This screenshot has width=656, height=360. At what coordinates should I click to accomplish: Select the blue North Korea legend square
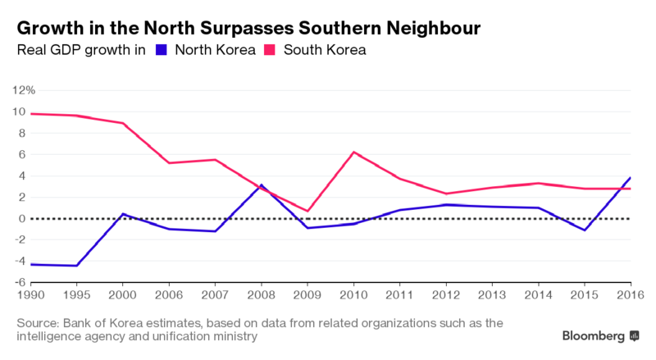coord(161,51)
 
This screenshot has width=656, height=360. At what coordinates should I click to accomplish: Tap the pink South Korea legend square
coord(268,51)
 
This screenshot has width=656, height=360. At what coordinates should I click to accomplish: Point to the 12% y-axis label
coord(23,89)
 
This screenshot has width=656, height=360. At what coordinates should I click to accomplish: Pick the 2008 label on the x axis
coord(260,294)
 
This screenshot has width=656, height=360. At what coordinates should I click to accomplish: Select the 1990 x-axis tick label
coord(30,294)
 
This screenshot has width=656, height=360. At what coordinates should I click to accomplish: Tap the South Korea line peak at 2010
coord(353,152)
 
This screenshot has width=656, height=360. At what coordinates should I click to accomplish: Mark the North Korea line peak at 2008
coord(261,185)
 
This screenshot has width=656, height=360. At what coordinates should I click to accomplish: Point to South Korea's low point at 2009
coord(307,211)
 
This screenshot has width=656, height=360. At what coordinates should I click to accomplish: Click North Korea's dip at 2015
coord(584,230)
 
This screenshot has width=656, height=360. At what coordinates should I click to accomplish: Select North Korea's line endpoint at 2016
coord(630,177)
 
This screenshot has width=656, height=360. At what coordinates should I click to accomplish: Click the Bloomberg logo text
coord(592,336)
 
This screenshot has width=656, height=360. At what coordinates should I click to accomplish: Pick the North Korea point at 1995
coord(76,266)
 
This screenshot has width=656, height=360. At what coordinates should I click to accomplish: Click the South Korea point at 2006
coord(168,162)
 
